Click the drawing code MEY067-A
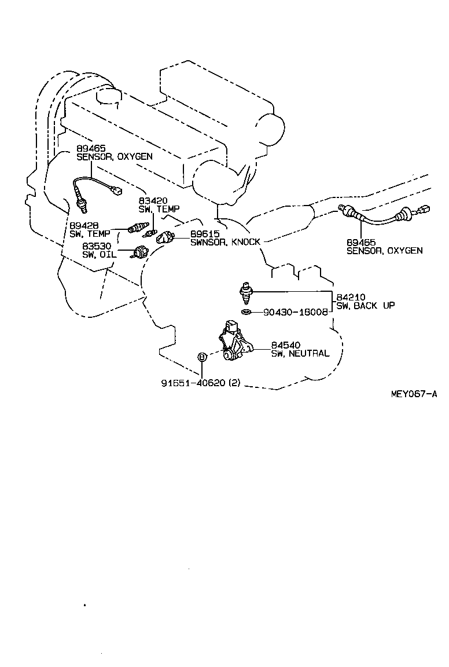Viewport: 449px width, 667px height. [x=413, y=394]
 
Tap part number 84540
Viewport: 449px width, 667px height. [x=286, y=346]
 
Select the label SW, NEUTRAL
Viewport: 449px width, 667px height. [x=300, y=354]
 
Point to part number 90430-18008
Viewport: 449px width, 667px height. [x=295, y=312]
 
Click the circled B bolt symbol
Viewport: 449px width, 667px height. [x=202, y=357]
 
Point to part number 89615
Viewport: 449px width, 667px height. [x=205, y=234]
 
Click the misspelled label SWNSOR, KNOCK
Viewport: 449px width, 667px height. [x=225, y=242]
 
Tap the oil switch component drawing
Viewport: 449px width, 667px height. [x=140, y=252]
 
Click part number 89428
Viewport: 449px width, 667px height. [x=84, y=225]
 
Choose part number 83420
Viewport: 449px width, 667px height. [x=153, y=201]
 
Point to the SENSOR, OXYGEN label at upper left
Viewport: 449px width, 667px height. [x=115, y=156]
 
